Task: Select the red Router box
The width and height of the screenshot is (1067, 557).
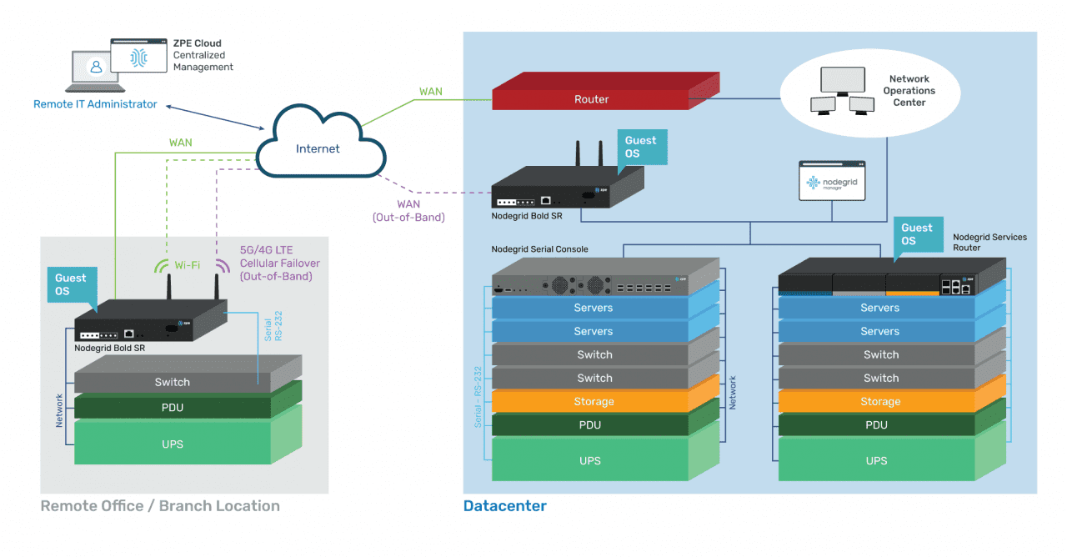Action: tap(592, 99)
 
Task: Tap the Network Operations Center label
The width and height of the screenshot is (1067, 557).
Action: tap(909, 91)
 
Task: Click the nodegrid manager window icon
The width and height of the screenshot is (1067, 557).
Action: tap(832, 182)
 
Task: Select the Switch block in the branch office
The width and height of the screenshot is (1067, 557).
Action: tap(173, 382)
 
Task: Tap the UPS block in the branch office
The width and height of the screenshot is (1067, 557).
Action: tap(173, 444)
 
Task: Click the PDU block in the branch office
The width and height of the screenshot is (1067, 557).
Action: tap(173, 408)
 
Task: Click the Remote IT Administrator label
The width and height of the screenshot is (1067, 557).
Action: tap(95, 104)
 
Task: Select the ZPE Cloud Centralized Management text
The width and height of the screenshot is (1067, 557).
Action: tap(203, 55)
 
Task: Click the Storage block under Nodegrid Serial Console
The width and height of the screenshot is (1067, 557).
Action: tap(594, 401)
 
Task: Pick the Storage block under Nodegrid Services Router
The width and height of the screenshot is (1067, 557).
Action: tap(880, 401)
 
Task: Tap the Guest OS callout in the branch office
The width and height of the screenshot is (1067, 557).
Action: tap(71, 284)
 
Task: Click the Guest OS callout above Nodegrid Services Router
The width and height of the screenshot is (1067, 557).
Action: tap(917, 234)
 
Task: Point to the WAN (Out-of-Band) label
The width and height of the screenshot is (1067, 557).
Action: tap(408, 211)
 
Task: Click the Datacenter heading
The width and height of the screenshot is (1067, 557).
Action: tap(505, 506)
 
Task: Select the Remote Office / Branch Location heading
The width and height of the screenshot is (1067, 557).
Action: tap(160, 506)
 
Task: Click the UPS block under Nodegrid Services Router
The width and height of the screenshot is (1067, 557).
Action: tap(877, 460)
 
